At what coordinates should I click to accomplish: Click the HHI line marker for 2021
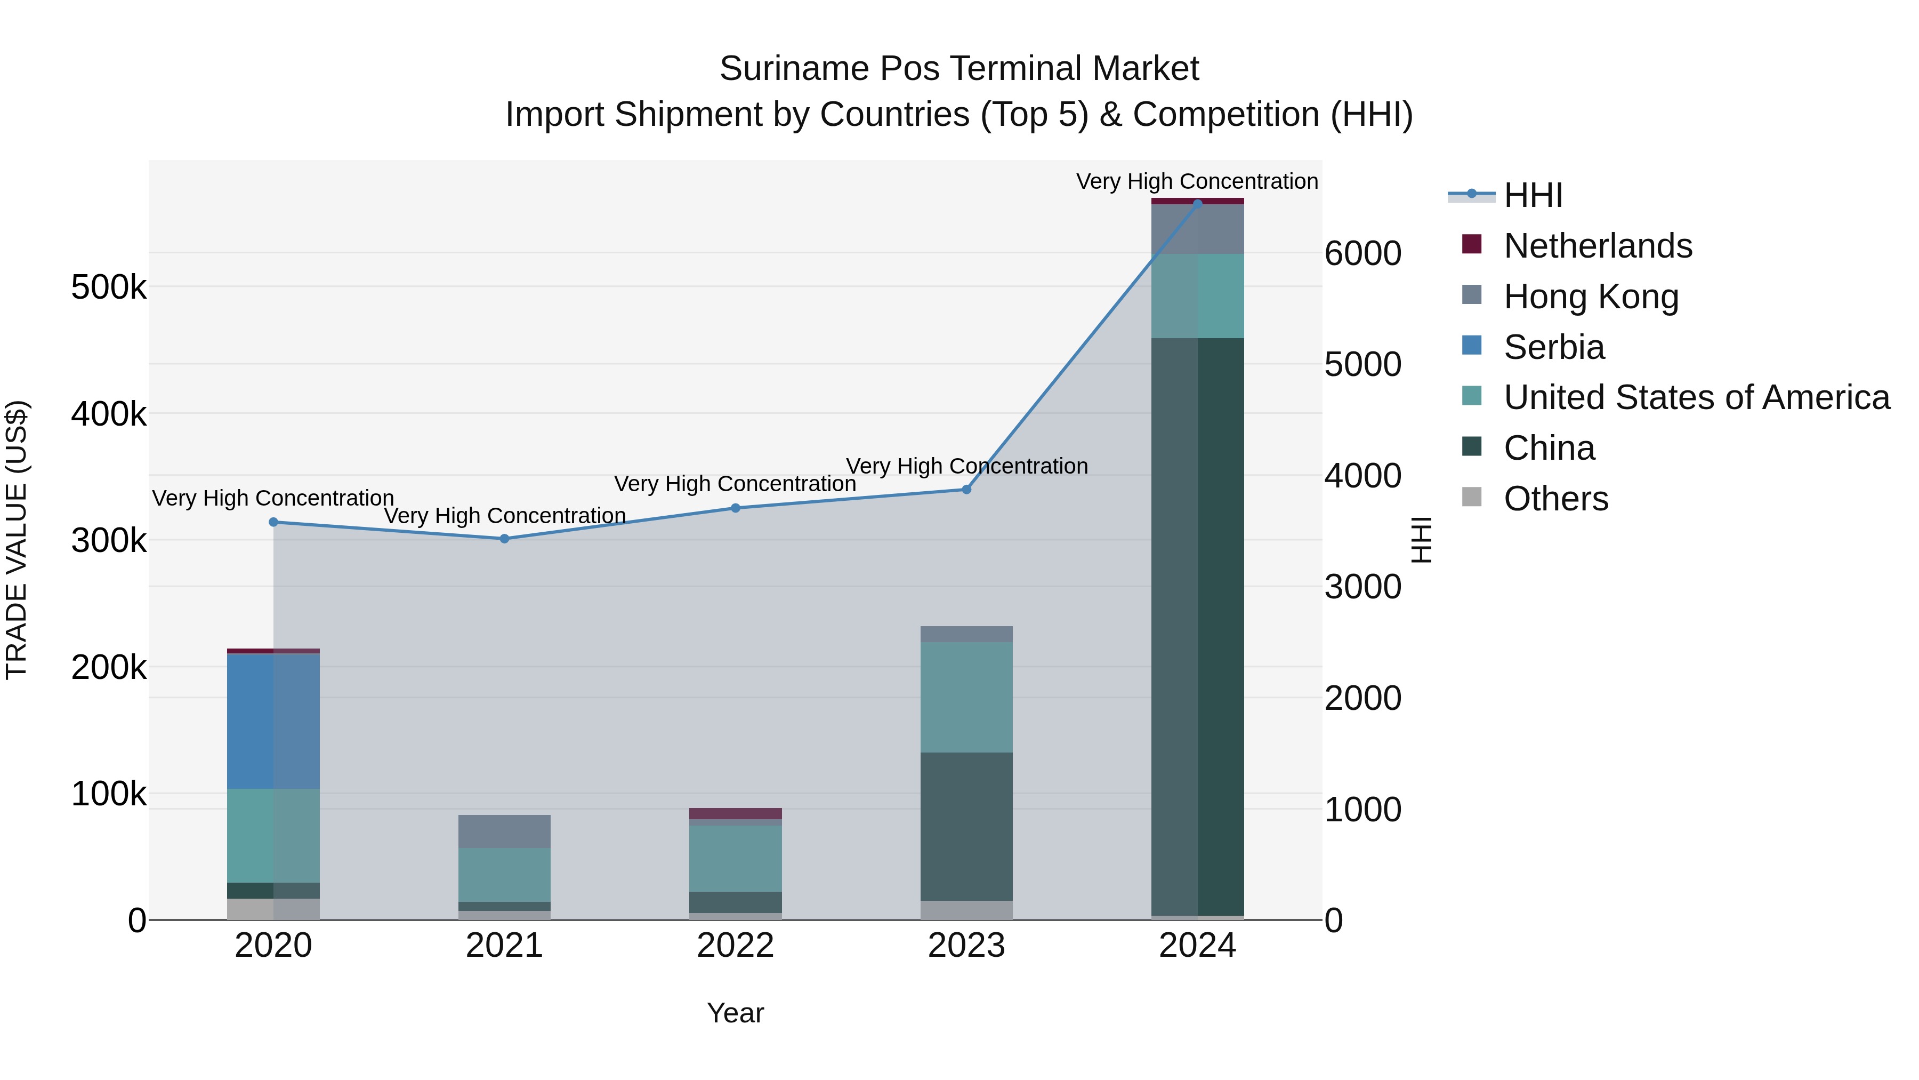(504, 538)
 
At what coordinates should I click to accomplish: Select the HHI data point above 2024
(1197, 203)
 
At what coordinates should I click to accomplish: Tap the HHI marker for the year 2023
(966, 490)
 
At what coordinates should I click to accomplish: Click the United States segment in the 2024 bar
(1197, 296)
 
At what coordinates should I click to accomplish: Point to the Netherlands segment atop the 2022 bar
(735, 813)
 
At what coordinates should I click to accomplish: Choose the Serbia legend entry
(1553, 347)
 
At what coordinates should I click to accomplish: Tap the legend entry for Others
(1555, 499)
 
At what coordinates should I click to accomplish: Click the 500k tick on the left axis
(109, 287)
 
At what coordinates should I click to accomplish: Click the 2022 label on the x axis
(735, 946)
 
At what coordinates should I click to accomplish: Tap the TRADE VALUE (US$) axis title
(17, 540)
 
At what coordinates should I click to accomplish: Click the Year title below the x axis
(735, 1013)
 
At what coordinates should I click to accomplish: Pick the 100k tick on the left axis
(109, 795)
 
